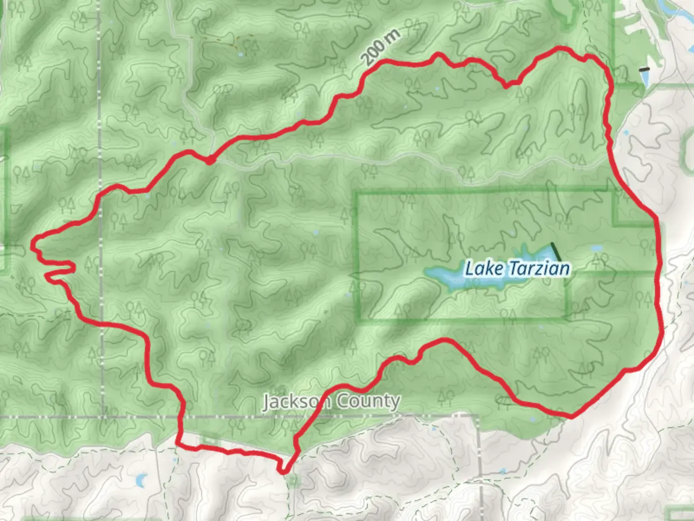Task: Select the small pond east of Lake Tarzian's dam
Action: click(596, 248)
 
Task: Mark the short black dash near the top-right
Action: click(644, 69)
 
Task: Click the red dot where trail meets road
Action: click(210, 160)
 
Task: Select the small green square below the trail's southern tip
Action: click(293, 480)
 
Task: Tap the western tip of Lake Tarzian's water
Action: click(426, 274)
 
